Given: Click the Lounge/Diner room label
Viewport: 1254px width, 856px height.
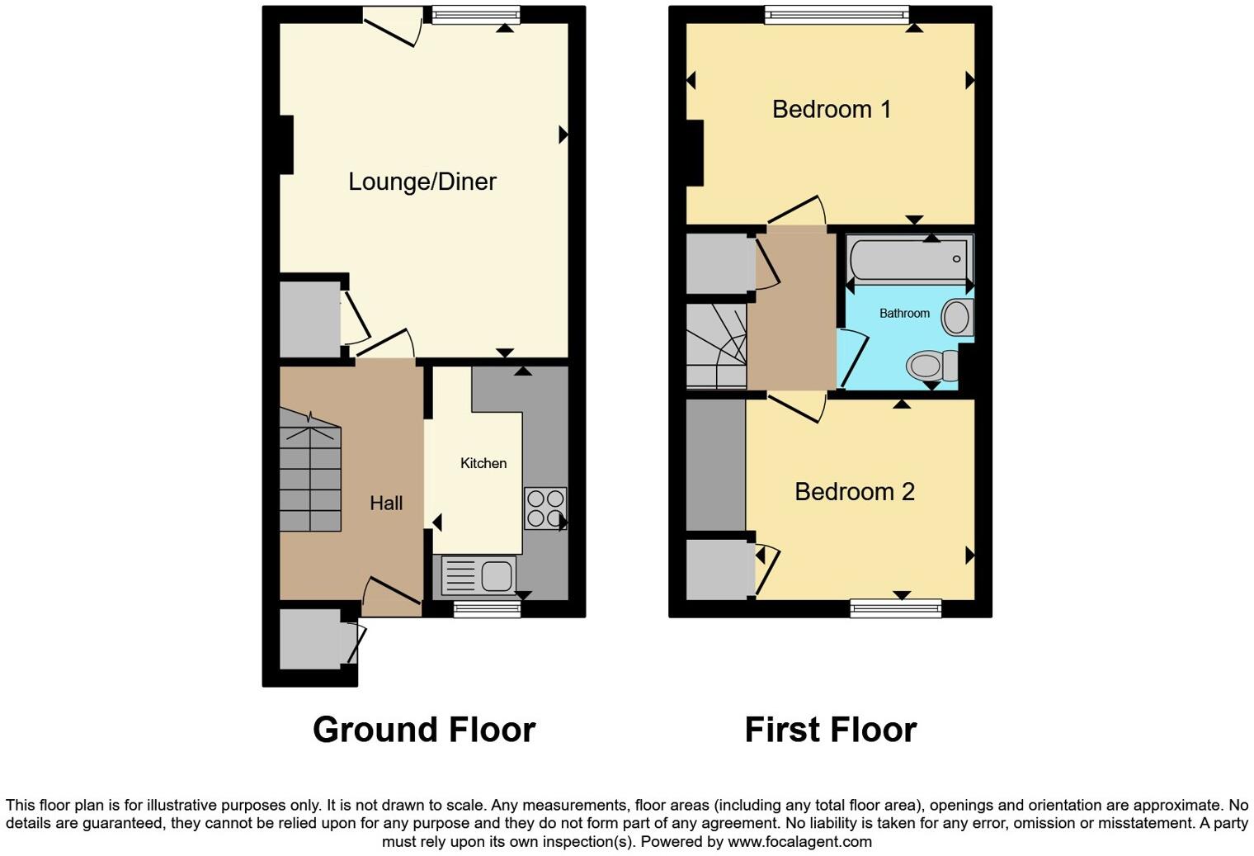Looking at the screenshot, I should click(x=422, y=182).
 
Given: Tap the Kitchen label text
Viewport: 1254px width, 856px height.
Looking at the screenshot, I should click(x=483, y=463).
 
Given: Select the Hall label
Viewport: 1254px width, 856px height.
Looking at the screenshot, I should click(x=386, y=503).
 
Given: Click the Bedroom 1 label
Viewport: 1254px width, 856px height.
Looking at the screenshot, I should click(x=831, y=109).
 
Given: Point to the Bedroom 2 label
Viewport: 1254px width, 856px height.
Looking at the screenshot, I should click(x=854, y=492).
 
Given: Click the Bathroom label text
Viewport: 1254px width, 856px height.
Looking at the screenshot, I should click(x=904, y=314).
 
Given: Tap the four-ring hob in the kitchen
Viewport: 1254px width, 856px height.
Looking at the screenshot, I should click(x=545, y=508).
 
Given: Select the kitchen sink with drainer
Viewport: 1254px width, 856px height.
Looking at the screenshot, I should click(x=478, y=575).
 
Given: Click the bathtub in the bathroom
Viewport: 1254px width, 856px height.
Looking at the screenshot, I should click(x=909, y=259).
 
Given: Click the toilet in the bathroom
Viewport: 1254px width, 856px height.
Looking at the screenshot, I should click(x=932, y=365).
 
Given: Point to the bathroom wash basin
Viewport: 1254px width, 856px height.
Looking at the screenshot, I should click(x=957, y=317).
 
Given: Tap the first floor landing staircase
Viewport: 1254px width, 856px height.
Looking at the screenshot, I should click(x=716, y=347).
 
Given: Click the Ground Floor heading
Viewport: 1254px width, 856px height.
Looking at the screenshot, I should click(x=424, y=730).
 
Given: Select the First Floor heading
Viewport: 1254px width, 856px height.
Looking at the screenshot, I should click(x=830, y=730).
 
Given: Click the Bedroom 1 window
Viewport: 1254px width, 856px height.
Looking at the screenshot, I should click(x=836, y=15).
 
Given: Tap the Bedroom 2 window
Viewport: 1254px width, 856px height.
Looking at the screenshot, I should click(x=895, y=609).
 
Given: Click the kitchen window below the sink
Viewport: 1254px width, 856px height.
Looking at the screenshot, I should click(x=487, y=609).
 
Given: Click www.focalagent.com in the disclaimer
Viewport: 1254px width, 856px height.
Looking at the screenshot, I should click(x=799, y=842).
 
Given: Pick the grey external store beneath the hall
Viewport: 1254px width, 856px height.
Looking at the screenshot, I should click(x=309, y=639).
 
